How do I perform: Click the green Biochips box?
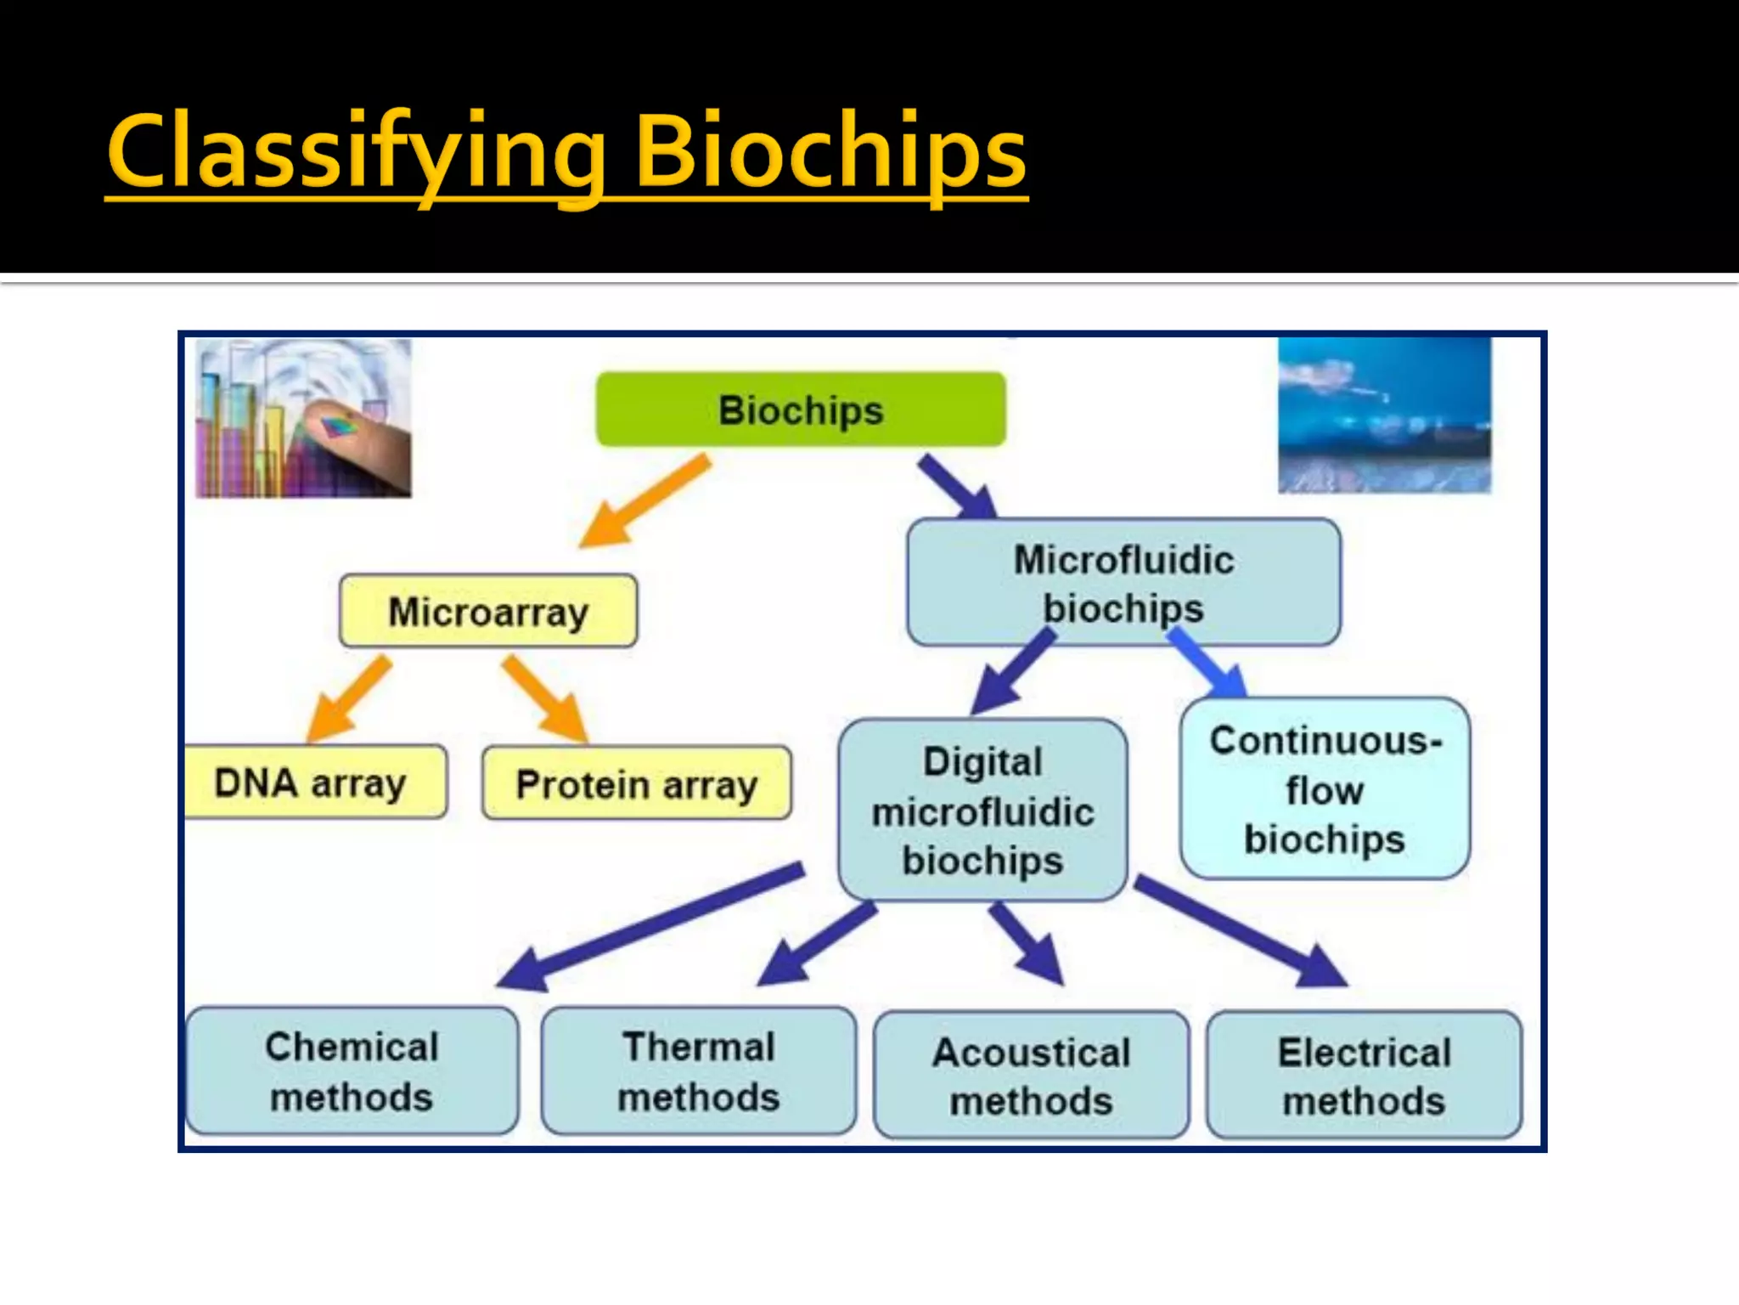[801, 410]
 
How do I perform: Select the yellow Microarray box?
[488, 611]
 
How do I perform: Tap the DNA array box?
[314, 782]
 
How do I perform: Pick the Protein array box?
[636, 783]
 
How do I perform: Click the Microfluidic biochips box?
[1123, 583]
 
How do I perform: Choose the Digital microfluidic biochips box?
[982, 810]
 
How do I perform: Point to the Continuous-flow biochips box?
[1325, 788]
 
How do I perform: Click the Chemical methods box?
[352, 1071]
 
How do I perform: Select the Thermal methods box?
[698, 1071]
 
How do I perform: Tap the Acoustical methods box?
[1031, 1076]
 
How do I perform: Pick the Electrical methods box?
[1364, 1076]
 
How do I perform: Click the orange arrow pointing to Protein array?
[543, 697]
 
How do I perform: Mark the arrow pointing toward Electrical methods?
[1240, 930]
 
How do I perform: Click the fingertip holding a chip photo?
[303, 417]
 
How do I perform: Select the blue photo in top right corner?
[1384, 415]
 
